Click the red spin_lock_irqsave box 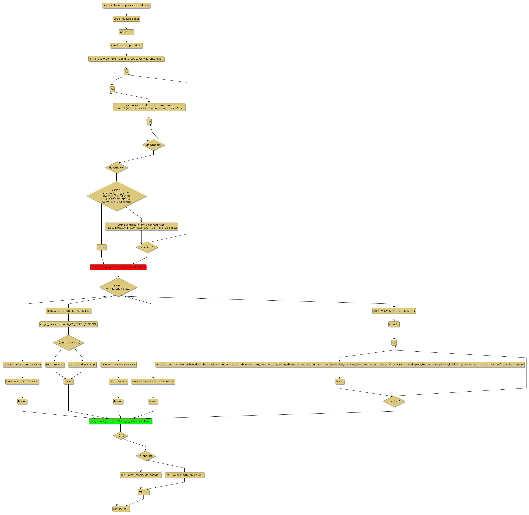118,267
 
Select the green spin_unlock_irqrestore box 121,421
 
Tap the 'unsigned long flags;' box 126,19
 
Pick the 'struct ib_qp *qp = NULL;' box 126,45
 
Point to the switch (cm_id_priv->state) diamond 118,287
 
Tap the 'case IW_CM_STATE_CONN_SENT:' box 394,311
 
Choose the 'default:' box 394,324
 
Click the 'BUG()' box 340,381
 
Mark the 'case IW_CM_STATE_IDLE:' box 22,381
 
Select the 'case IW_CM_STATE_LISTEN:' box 118,364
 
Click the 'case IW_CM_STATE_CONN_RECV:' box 153,381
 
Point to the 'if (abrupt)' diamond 146,456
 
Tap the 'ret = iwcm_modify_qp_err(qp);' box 184,475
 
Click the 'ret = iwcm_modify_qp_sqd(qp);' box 141,475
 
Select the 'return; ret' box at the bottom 121,509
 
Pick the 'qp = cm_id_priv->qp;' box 82,364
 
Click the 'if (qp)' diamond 121,436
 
